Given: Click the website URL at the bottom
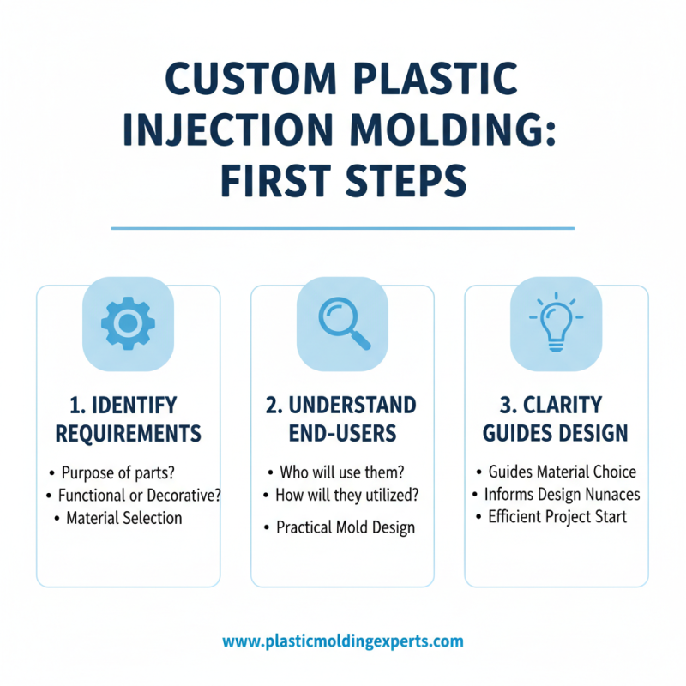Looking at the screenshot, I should coord(343,641).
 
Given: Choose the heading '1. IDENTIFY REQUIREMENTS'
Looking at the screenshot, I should coord(128,419).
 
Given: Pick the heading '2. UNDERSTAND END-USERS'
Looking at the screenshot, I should coord(342,419).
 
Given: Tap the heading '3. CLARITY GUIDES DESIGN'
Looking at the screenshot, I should coord(556,419).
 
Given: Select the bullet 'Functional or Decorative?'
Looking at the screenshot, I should coord(136,495).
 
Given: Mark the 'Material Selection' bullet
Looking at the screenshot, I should coord(123,518).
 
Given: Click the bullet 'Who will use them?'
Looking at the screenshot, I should coord(342,472).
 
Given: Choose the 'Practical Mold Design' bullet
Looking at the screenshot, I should coord(345,527).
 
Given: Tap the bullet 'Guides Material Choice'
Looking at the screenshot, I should coord(562,472).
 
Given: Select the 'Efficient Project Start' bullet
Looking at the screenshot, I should coord(557,517).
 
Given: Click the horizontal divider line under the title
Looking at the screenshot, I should coord(343,228).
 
